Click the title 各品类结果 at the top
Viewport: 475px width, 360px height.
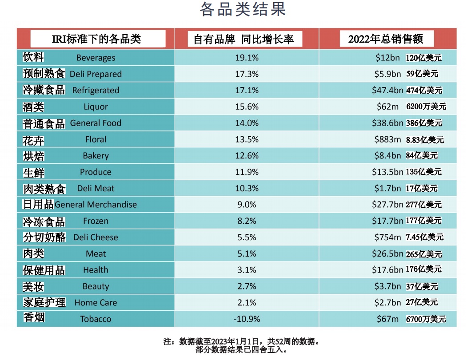(242, 10)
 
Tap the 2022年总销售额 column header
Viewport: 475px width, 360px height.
(385, 39)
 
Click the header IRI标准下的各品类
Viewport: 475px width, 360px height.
(96, 39)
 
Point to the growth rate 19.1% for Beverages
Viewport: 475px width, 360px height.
(247, 58)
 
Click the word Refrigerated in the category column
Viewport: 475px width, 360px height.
(96, 91)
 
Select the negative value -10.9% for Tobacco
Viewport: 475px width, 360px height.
(247, 319)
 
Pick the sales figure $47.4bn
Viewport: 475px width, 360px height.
(387, 91)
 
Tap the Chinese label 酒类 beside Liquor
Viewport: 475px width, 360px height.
(33, 107)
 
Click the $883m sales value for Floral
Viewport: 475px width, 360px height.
(387, 139)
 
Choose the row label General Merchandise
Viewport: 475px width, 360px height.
(96, 205)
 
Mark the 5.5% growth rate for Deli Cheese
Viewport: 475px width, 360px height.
(247, 237)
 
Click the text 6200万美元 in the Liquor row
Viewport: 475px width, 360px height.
(426, 107)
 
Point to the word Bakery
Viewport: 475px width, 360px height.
(96, 156)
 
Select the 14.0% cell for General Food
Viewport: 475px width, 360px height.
(247, 123)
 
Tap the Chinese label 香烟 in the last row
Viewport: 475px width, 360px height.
(33, 318)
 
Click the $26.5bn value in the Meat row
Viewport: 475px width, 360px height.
(387, 254)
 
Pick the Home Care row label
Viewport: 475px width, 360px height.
(96, 303)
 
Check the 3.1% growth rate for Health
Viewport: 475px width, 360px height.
(247, 270)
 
